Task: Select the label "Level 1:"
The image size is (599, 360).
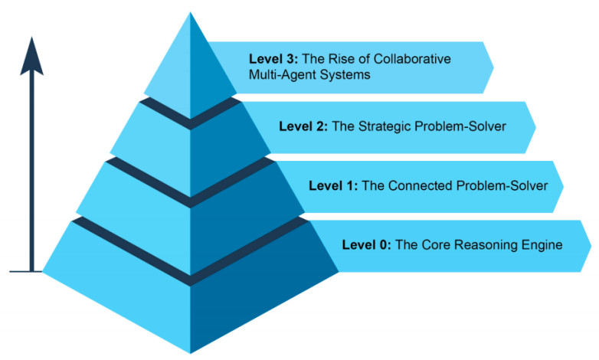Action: (332, 185)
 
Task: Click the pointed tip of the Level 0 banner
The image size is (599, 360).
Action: (591, 245)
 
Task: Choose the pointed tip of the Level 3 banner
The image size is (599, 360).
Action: (493, 67)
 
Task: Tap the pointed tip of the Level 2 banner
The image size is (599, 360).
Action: (535, 126)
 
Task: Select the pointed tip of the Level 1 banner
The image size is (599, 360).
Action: (563, 185)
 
